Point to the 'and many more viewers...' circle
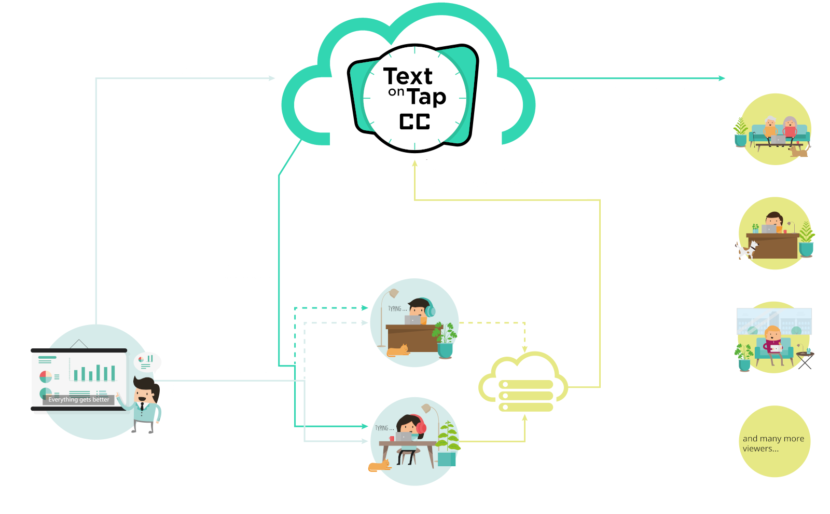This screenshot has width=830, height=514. coord(774,442)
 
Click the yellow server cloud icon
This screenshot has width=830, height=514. coord(523,384)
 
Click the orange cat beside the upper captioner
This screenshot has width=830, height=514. coord(398,350)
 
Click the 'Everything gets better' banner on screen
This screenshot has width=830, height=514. coord(79,399)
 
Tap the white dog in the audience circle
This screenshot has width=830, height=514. coord(747,250)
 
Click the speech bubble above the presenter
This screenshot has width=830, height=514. coord(147,361)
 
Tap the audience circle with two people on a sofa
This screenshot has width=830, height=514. coord(774,129)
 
